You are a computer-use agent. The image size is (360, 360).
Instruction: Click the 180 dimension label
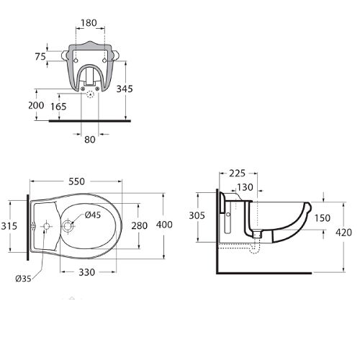point(89,23)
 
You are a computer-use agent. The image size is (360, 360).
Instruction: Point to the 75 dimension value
point(40,57)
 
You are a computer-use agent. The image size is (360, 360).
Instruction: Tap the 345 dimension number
point(125,89)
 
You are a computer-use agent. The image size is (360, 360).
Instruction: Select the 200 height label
point(36,105)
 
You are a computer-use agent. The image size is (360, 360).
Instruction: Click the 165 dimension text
point(58,107)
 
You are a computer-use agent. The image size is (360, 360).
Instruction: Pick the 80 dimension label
point(90,140)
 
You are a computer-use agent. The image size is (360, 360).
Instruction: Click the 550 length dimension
point(76,181)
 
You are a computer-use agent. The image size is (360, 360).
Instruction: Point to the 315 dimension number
point(9,226)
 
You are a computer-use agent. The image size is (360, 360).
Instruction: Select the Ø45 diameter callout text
point(93,215)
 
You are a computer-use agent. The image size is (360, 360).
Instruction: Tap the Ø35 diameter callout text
point(23,279)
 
